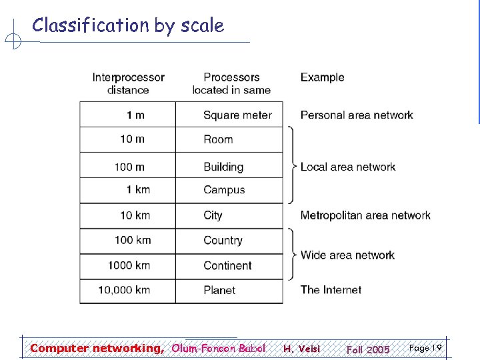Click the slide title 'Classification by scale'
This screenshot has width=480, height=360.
click(128, 25)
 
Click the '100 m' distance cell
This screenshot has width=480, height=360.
click(129, 167)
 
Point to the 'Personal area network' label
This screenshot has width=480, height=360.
click(357, 115)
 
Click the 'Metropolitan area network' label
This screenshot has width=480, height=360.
click(365, 215)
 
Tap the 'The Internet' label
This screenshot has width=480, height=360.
click(331, 290)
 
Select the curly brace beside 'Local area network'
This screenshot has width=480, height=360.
click(291, 165)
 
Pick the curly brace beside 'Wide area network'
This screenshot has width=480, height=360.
click(291, 254)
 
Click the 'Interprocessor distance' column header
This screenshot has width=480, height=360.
click(128, 83)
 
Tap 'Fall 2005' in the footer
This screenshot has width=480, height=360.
click(368, 349)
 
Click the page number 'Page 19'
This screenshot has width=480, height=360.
click(425, 348)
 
